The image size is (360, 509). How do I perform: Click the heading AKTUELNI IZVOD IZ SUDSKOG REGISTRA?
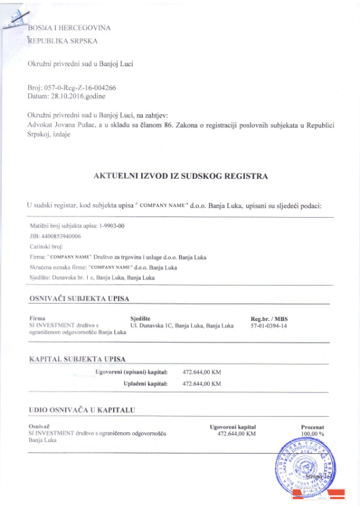(180, 176)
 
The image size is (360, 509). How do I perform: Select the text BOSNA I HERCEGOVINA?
(69, 28)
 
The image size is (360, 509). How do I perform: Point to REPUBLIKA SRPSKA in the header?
(62, 41)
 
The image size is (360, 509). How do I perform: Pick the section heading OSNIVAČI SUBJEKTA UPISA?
(79, 299)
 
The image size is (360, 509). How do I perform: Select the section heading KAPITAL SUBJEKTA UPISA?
(77, 359)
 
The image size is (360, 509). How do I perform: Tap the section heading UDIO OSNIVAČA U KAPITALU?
(82, 409)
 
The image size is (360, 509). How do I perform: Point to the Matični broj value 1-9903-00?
(111, 226)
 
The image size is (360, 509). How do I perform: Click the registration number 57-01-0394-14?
(269, 325)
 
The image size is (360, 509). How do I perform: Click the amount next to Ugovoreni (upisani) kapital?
(202, 372)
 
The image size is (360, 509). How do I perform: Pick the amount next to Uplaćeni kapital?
(202, 384)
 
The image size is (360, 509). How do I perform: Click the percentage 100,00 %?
(312, 434)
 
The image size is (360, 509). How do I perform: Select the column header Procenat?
(312, 427)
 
